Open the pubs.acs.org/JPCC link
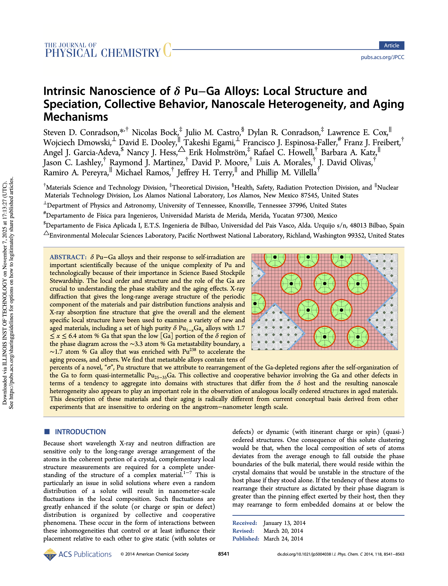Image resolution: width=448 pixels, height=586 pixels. coord(382,57)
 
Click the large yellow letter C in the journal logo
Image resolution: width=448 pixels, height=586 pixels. coord(167,50)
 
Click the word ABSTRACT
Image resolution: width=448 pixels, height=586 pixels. coord(68,257)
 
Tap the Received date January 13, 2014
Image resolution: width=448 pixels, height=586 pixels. coord(284,523)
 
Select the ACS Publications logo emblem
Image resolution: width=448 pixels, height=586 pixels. coord(50,555)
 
